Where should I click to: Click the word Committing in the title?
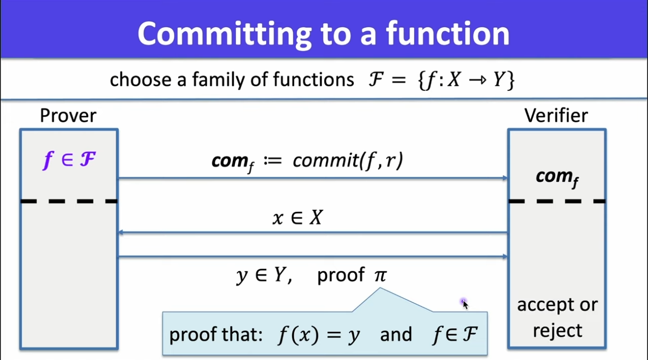coord(225,35)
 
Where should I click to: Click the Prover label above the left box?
coord(68,116)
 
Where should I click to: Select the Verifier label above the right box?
coord(556,116)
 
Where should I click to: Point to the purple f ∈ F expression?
coord(69,160)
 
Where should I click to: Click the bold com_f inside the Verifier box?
coord(557,178)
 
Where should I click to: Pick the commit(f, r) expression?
coord(347,160)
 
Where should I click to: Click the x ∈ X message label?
coord(297,217)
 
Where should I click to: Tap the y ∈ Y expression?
coord(263,275)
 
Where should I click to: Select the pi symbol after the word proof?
coord(381,275)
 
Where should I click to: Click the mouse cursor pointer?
coord(465,304)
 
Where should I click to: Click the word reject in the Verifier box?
coord(558,331)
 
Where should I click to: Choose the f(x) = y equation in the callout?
coord(319,335)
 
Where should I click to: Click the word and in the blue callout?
coord(396,335)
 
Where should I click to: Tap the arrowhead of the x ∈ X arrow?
coord(121,232)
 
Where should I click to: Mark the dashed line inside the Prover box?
coord(69,201)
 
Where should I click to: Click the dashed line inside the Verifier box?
coord(557,201)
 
